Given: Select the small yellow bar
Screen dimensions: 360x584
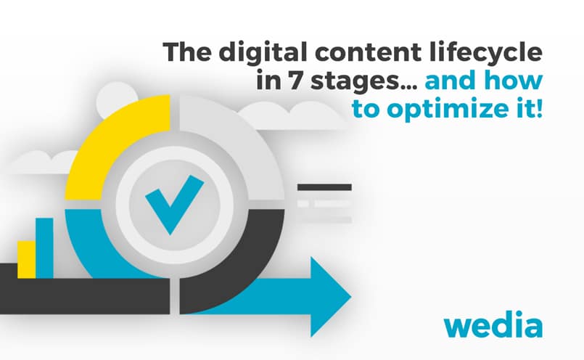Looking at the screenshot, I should [x=27, y=259].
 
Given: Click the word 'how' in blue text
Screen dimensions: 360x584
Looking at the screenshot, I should [x=514, y=82].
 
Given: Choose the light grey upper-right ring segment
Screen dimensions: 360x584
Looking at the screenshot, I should [x=239, y=145].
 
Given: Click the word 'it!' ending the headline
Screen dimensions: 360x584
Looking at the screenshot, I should [x=525, y=111].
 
